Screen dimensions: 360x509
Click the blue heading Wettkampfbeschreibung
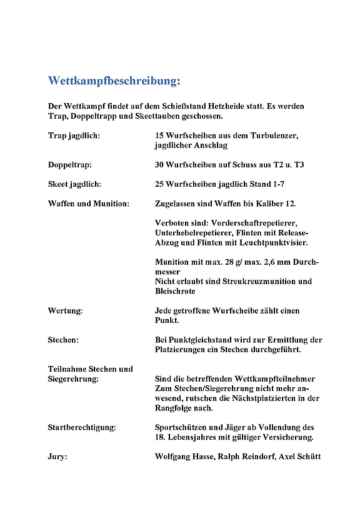tap(114, 81)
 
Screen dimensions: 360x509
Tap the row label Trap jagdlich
tap(74, 135)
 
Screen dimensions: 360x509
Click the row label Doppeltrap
tap(69, 165)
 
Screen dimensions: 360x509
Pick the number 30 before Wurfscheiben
tap(160, 165)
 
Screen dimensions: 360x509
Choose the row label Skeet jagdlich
tap(74, 184)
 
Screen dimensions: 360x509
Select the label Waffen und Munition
tap(88, 204)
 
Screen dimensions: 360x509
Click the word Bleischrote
tap(175, 291)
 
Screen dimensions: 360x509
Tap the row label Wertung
tap(65, 310)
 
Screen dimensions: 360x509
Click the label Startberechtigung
tap(82, 427)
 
